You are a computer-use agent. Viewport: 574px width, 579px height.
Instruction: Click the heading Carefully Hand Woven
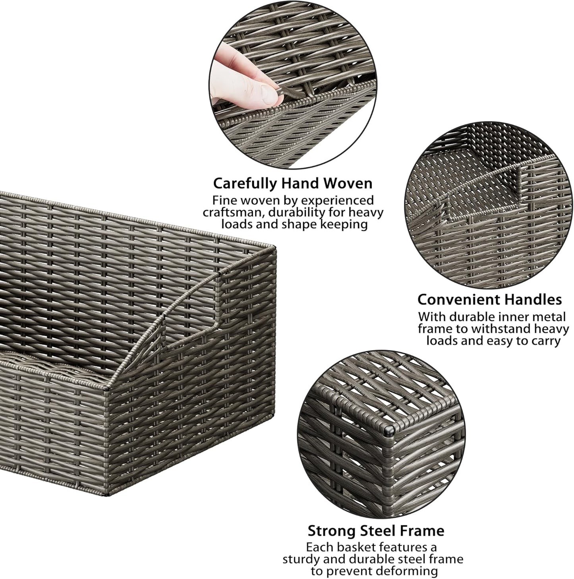tap(293, 183)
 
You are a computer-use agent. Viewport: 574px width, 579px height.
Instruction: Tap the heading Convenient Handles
tap(489, 299)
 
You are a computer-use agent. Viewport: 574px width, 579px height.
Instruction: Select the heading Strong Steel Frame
tap(376, 531)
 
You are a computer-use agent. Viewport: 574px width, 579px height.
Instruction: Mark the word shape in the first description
tap(289, 224)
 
